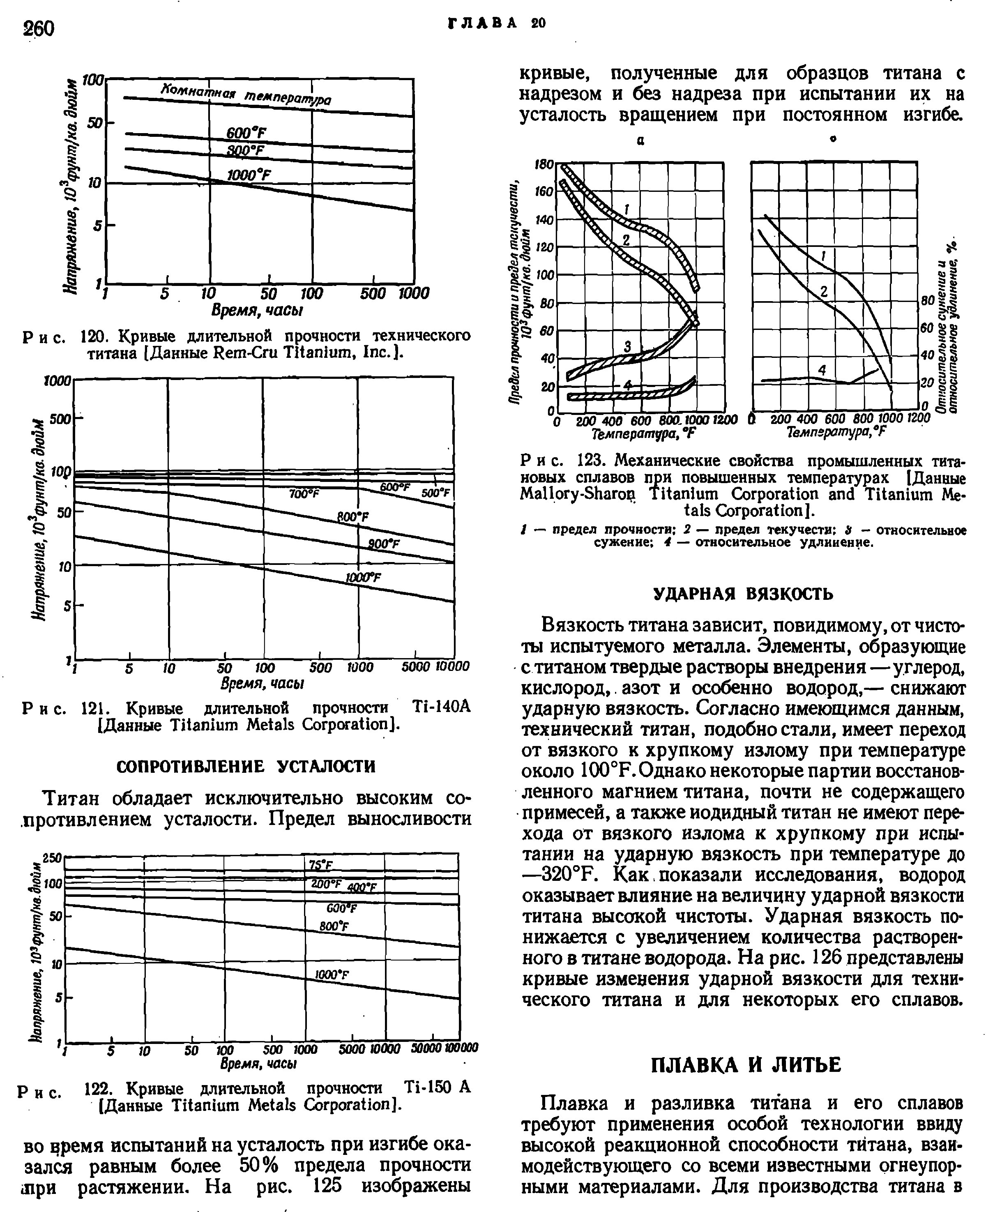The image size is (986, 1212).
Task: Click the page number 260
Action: pos(38,28)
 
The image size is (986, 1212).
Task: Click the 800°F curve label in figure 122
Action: pos(334,926)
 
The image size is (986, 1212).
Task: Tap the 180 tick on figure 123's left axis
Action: pos(544,164)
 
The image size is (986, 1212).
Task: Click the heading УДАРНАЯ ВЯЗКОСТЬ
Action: pos(744,594)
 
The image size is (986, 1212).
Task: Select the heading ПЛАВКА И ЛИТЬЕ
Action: pos(745,1065)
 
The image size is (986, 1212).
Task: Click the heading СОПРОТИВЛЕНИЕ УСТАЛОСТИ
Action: pos(246,767)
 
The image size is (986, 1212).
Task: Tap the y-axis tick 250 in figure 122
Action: pos(52,858)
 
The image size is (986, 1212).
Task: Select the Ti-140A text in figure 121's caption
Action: pos(441,708)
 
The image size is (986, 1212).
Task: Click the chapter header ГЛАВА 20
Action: pos(497,23)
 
